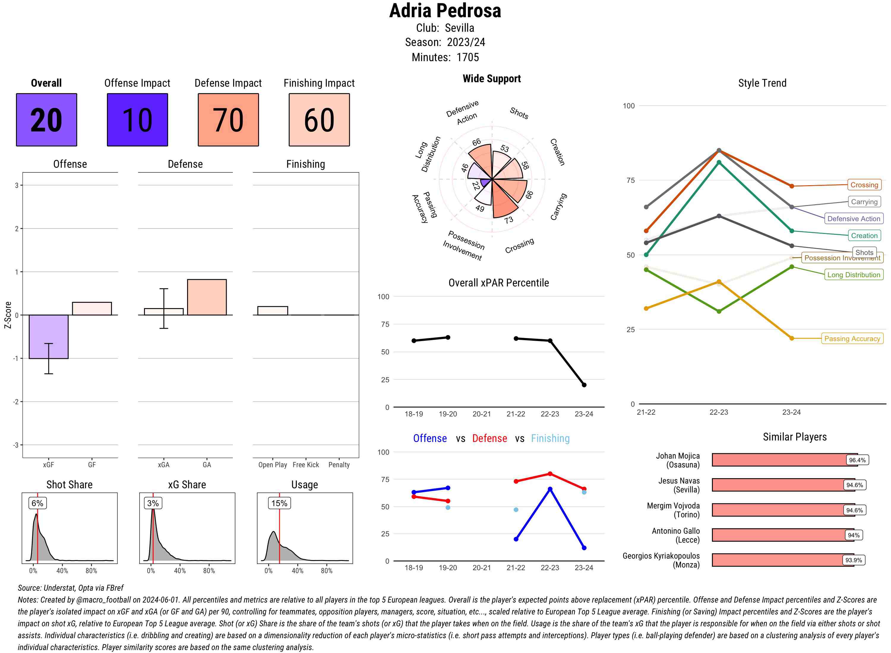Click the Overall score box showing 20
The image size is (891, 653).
pyautogui.click(x=46, y=120)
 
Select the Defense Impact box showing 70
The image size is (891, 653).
pyautogui.click(x=228, y=120)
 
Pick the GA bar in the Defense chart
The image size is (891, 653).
pyautogui.click(x=207, y=297)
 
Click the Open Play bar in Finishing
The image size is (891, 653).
pyautogui.click(x=272, y=311)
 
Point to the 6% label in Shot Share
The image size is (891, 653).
pyautogui.click(x=37, y=503)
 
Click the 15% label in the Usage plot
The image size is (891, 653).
pyautogui.click(x=279, y=503)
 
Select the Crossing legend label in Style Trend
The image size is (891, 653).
pyautogui.click(x=864, y=185)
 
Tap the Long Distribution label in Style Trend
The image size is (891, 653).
pyautogui.click(x=854, y=275)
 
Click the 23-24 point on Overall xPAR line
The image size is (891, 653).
pyautogui.click(x=584, y=385)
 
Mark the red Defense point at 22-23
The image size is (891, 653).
pyautogui.click(x=550, y=473)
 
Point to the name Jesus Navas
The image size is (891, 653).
pyautogui.click(x=679, y=481)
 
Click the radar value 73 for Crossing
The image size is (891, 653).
pyautogui.click(x=508, y=220)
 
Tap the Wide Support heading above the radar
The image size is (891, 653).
pyautogui.click(x=492, y=79)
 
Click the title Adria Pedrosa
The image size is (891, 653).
pyautogui.click(x=445, y=11)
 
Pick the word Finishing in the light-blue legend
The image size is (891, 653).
pyautogui.click(x=550, y=438)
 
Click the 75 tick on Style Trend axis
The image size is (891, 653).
pyautogui.click(x=631, y=180)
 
